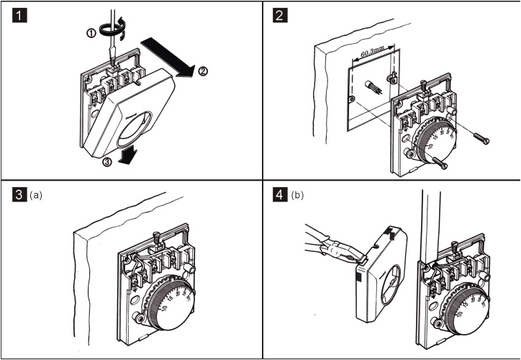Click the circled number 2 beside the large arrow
tap(204, 71)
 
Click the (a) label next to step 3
tap(35, 194)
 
